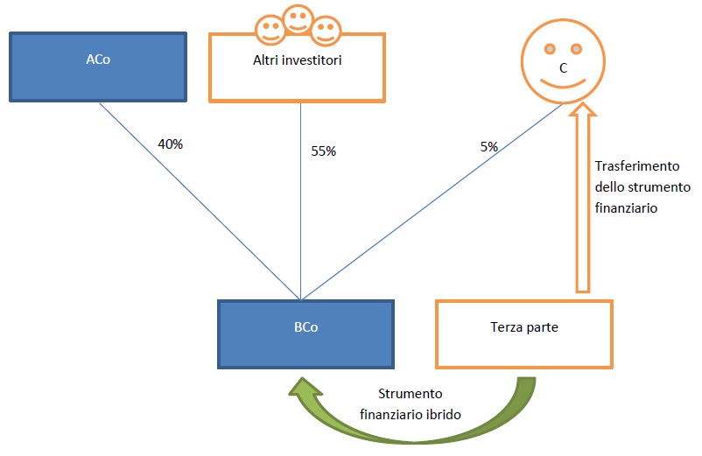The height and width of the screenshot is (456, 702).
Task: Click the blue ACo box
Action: click(98, 67)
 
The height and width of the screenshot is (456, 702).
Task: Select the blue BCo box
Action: click(305, 334)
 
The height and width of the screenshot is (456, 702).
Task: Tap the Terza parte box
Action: click(523, 334)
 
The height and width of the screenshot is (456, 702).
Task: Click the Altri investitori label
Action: click(298, 60)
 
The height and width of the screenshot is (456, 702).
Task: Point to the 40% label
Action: click(171, 144)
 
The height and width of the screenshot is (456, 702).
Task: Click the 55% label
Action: click(323, 151)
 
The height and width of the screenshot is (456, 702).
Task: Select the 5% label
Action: click(489, 147)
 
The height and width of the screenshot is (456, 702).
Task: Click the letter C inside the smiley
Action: click(563, 68)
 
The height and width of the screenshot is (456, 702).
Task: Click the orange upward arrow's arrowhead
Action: click(582, 109)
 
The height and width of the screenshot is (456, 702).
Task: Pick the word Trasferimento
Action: click(637, 166)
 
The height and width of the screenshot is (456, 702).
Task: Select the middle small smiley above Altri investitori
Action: click(298, 19)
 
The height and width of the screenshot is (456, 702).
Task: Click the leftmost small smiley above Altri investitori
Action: click(270, 30)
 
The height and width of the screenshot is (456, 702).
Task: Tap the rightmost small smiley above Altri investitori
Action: click(326, 31)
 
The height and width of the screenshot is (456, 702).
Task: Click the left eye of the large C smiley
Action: click(550, 49)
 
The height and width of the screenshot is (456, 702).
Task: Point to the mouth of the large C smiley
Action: click(563, 84)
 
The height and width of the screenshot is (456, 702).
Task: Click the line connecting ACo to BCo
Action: click(200, 201)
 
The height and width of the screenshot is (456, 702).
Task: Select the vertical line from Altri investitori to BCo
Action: click(300, 201)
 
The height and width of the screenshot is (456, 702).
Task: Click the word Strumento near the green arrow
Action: click(411, 394)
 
